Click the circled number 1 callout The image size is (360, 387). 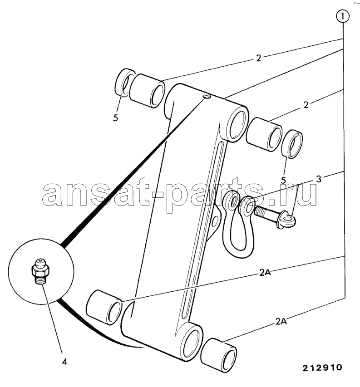[343, 17]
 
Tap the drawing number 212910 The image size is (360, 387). [322, 367]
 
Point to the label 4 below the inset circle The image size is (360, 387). [64, 362]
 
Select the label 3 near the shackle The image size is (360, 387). [319, 179]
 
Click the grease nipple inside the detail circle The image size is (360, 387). [41, 271]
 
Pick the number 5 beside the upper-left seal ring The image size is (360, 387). [116, 118]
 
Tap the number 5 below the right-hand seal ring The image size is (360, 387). [283, 180]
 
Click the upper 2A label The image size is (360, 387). [266, 273]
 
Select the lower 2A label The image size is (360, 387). [281, 322]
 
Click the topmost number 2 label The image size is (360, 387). [258, 58]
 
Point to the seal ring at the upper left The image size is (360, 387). [125, 83]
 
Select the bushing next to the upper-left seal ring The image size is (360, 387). [148, 91]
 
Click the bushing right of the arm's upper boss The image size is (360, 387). [264, 134]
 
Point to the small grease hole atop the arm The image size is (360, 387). [206, 97]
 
